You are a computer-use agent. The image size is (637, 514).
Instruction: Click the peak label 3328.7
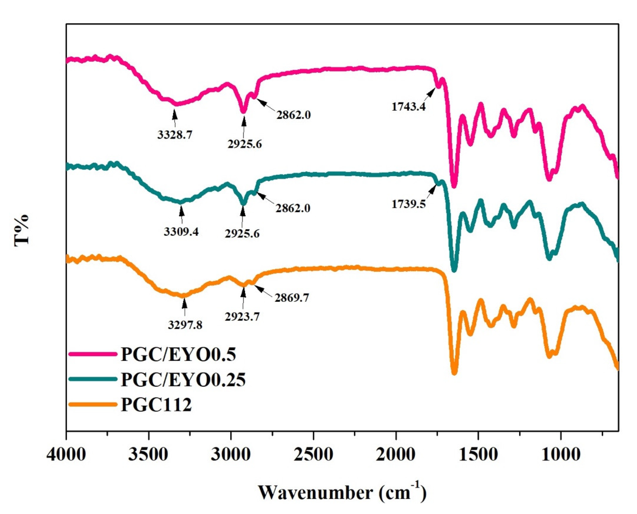pyautogui.click(x=175, y=135)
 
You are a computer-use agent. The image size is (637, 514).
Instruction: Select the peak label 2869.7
pyautogui.click(x=292, y=298)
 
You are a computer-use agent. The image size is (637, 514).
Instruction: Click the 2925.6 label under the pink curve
pyautogui.click(x=245, y=144)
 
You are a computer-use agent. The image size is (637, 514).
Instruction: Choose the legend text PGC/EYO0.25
pyautogui.click(x=183, y=380)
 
